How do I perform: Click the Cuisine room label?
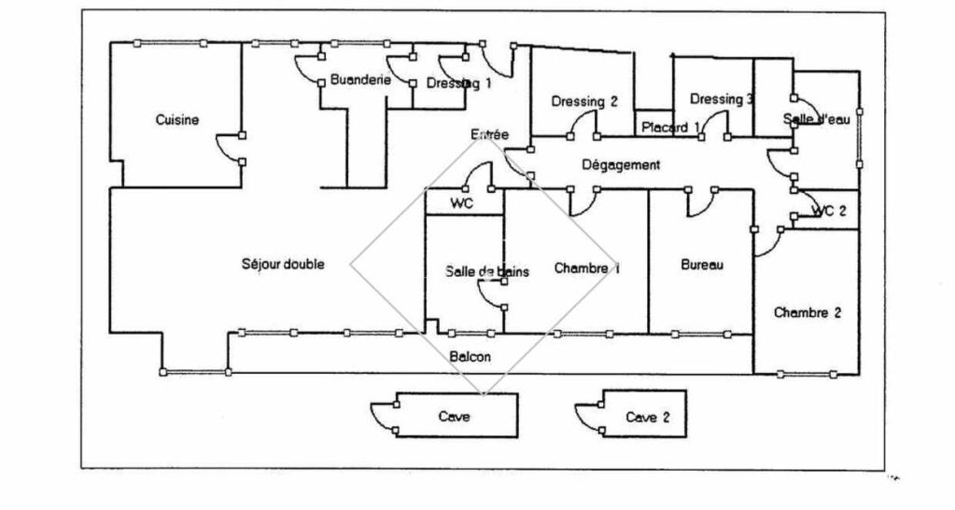[177, 120]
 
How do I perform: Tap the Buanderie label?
[359, 81]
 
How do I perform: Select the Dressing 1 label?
[458, 83]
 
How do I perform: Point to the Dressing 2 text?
[584, 103]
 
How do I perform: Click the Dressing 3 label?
[722, 100]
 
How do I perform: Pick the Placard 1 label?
[670, 128]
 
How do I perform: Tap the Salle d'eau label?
[817, 119]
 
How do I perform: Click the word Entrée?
[490, 135]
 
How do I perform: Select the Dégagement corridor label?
[621, 165]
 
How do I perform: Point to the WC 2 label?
[829, 211]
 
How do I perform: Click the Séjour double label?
[283, 265]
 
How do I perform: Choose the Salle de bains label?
[487, 271]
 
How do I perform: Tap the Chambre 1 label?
[587, 269]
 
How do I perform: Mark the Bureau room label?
[702, 266]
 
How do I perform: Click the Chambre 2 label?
[808, 313]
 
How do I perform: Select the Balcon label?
[470, 356]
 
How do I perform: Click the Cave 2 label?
[648, 417]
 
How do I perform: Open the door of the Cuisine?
[229, 149]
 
